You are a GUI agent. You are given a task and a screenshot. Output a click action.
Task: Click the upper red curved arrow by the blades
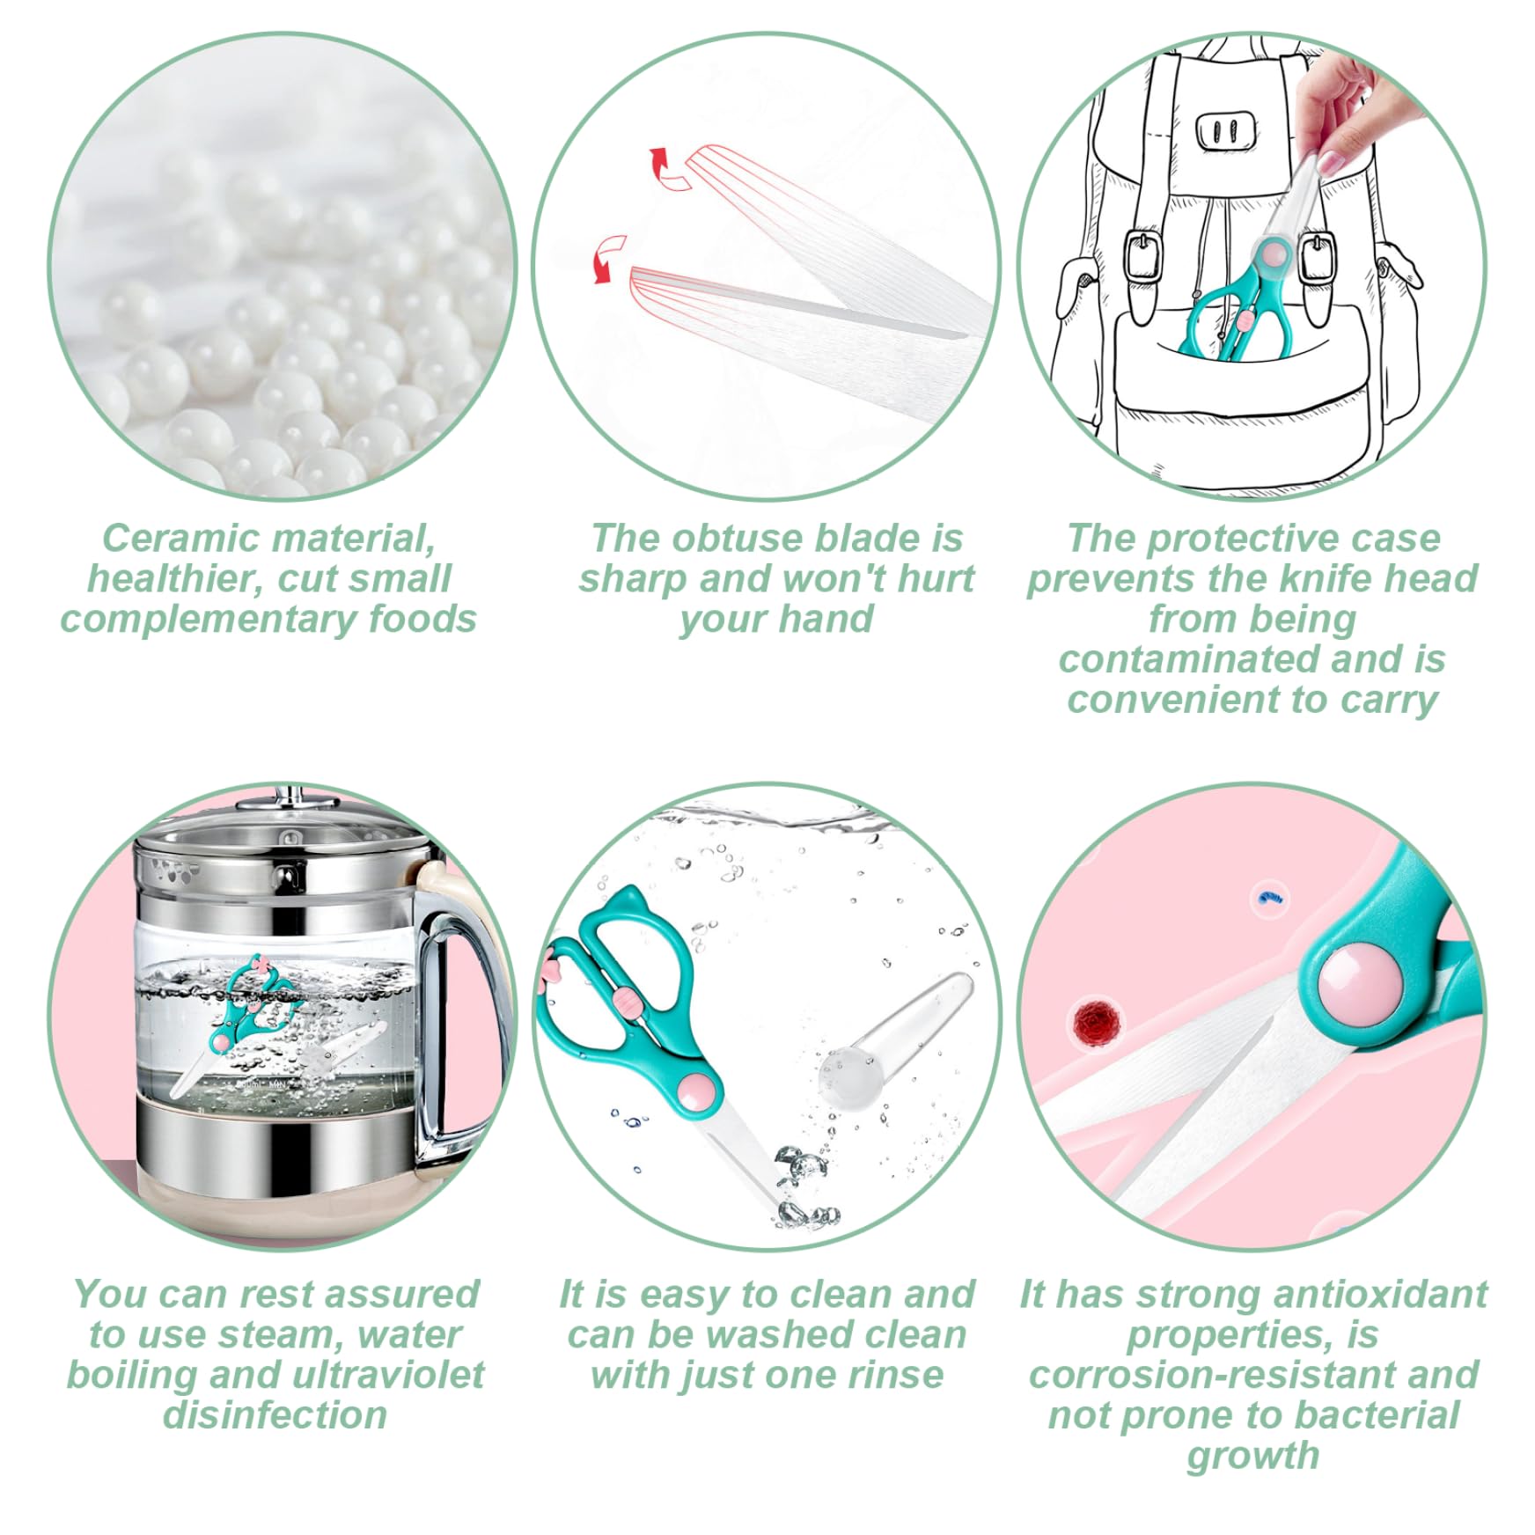click(667, 170)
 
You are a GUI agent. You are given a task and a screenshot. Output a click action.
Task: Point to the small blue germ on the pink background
click(1269, 899)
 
